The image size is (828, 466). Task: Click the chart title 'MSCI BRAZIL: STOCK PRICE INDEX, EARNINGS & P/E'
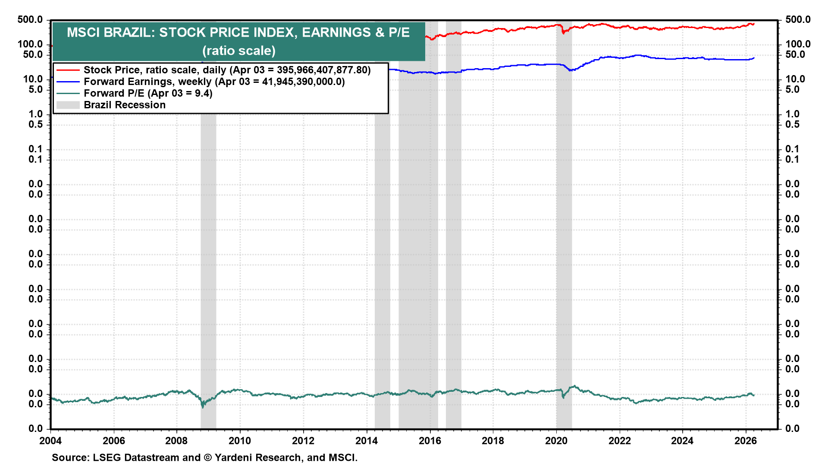pos(238,32)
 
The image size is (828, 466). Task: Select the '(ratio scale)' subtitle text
pos(238,51)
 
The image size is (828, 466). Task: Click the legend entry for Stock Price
pos(227,70)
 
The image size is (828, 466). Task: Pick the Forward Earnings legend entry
pos(214,82)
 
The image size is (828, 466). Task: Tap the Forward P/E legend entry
pos(148,93)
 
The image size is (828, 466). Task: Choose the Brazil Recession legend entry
pos(124,105)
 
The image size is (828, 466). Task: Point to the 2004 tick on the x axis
pos(50,441)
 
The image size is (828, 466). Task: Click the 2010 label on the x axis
pos(240,441)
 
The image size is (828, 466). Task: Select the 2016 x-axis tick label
pos(430,441)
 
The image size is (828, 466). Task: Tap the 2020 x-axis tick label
pos(556,441)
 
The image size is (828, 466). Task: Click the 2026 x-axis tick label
pos(746,441)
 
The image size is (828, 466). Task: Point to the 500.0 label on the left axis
pos(30,20)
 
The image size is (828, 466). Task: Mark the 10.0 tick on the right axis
pos(795,79)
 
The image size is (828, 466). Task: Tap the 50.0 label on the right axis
pos(795,54)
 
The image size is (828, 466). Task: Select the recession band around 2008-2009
pos(208,259)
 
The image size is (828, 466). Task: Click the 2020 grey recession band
pos(564,259)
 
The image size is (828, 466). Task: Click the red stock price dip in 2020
pos(563,32)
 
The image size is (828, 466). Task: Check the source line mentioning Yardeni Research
pos(204,457)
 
